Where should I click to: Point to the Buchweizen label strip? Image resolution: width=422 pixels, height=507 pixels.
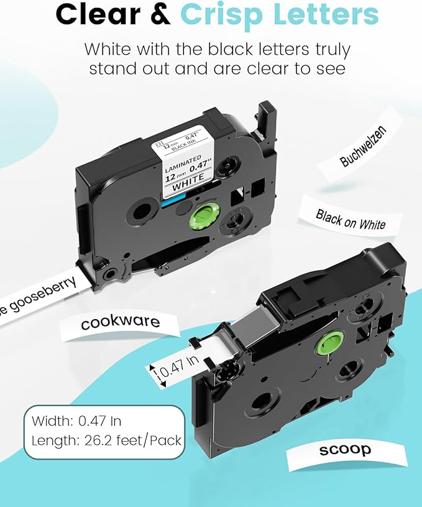364,146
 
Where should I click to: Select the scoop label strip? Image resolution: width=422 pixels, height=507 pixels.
346,449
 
